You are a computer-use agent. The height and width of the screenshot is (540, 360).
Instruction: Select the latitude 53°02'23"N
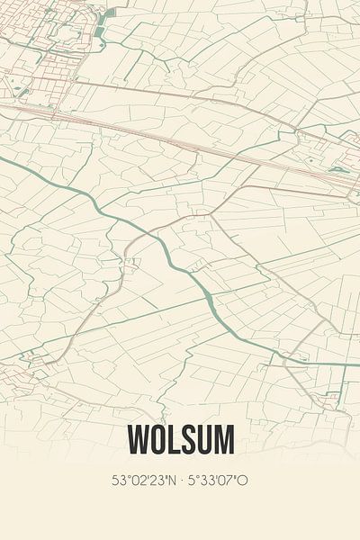pyautogui.click(x=145, y=481)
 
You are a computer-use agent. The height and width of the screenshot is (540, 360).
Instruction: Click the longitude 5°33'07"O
pyautogui.click(x=216, y=481)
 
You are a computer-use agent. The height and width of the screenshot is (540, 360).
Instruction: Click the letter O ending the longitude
pyautogui.click(x=243, y=481)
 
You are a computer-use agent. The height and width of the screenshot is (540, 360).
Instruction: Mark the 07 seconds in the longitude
pyautogui.click(x=229, y=481)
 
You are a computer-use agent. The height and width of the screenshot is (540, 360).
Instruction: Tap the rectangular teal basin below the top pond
pyautogui.click(x=99, y=33)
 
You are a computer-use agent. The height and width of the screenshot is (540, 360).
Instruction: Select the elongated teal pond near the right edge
pyautogui.click(x=339, y=168)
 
